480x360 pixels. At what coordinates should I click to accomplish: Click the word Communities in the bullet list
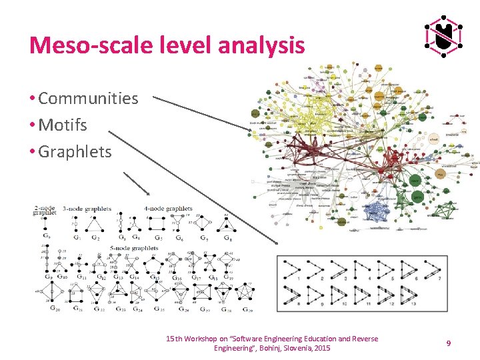tap(88, 99)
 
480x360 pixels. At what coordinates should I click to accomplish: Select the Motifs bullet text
tap(63, 125)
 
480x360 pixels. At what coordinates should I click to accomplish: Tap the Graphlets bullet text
tap(75, 152)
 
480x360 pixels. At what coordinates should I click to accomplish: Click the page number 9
tap(449, 343)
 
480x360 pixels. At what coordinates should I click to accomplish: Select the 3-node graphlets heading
tap(87, 209)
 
